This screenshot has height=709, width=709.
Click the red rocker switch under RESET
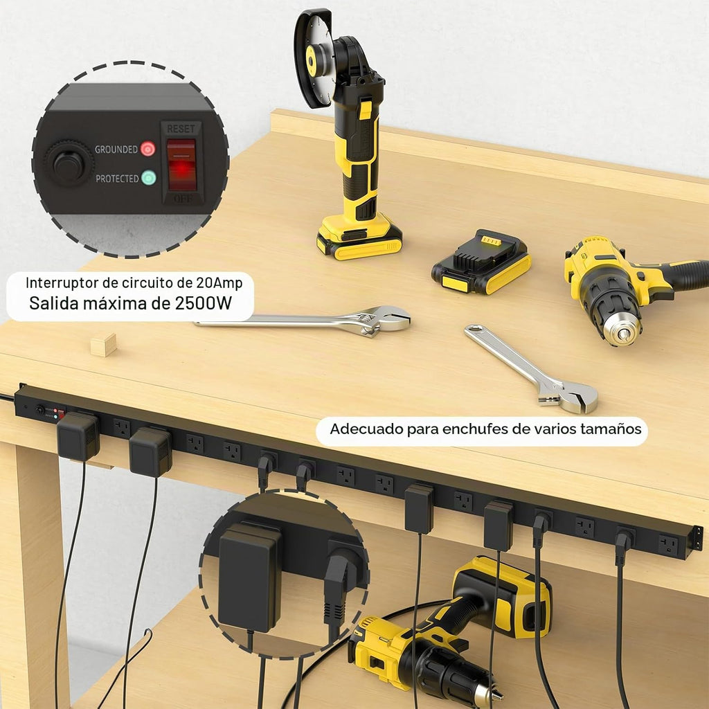point(181,165)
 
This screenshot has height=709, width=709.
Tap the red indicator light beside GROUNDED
point(148,149)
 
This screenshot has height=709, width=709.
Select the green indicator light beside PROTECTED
point(148,178)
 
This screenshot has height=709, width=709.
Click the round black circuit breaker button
point(69,163)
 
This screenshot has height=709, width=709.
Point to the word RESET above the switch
point(181,129)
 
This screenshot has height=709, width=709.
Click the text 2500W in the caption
point(203,303)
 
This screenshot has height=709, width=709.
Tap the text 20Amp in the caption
point(219,282)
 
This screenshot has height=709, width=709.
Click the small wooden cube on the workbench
point(103,345)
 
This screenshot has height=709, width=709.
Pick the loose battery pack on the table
point(481,262)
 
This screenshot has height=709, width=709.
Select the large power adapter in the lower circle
point(249,579)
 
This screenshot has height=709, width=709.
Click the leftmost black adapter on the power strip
point(78,436)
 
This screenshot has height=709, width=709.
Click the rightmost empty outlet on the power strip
point(669,545)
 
